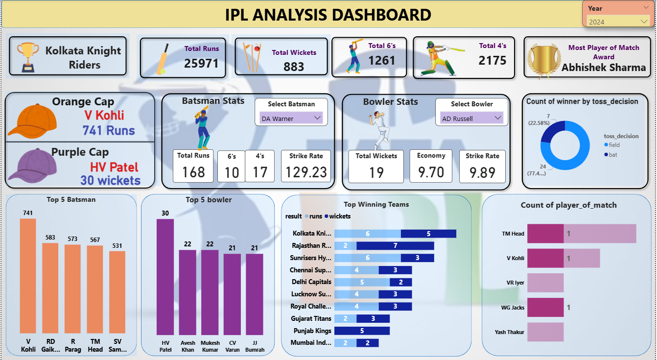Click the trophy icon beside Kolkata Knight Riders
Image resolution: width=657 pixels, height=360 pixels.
[x=27, y=56]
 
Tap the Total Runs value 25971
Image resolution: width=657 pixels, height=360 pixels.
[x=201, y=63]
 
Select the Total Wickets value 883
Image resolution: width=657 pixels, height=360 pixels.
[x=294, y=67]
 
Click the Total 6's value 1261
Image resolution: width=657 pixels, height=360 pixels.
[x=381, y=60]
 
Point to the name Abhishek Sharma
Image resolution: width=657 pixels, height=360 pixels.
[x=604, y=68]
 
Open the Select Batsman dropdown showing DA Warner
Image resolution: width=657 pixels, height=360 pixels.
[x=291, y=119]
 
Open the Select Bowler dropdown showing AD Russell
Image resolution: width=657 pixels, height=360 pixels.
[x=472, y=119]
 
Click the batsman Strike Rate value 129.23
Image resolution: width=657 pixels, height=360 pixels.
[x=306, y=172]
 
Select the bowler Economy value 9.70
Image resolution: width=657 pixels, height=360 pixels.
[x=431, y=172]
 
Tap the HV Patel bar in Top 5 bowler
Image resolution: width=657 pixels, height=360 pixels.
[x=165, y=276]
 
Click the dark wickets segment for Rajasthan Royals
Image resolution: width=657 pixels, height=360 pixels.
[x=395, y=245]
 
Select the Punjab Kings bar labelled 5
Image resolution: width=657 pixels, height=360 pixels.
[x=362, y=331]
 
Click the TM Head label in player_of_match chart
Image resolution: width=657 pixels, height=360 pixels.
[x=513, y=234]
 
